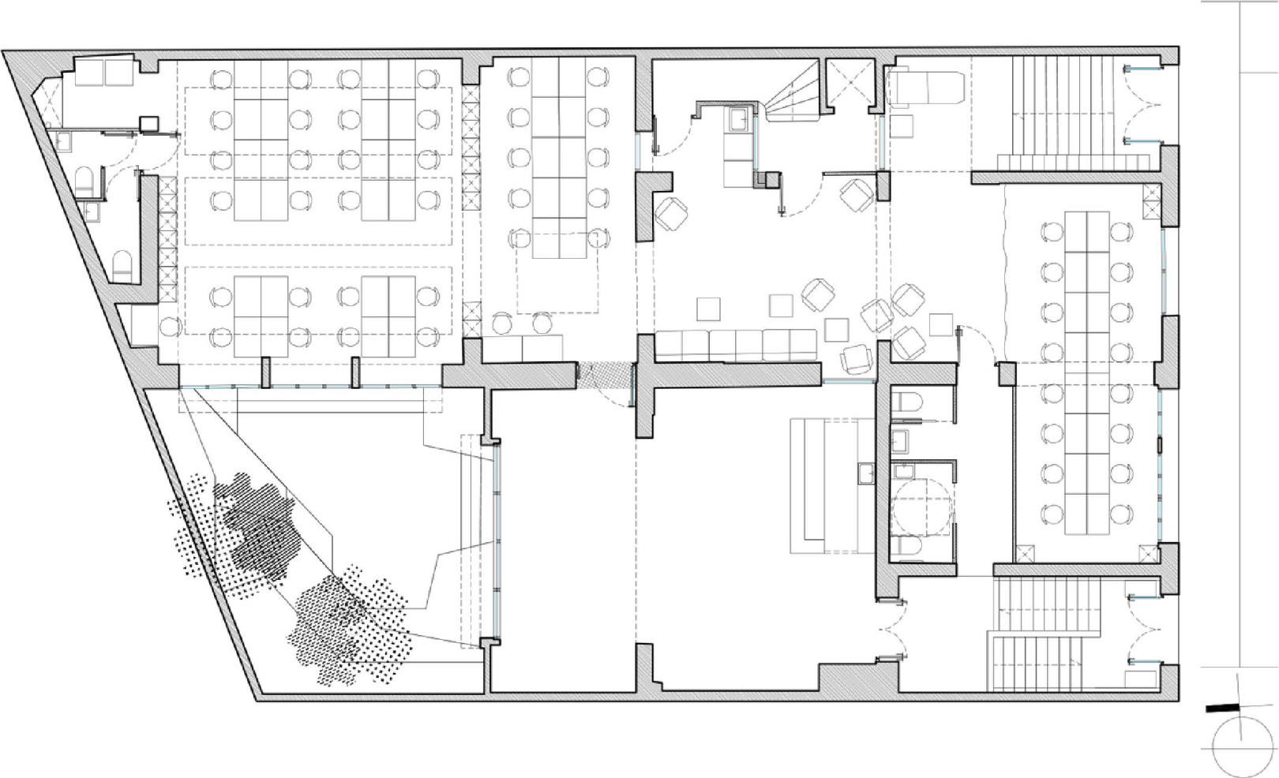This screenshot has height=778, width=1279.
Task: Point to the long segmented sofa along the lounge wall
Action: click(x=737, y=345)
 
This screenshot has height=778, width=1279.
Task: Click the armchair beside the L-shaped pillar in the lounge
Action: click(x=671, y=212)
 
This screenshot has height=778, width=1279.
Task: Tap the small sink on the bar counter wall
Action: click(x=865, y=473)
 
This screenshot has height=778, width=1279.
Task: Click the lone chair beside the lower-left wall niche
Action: click(x=169, y=326)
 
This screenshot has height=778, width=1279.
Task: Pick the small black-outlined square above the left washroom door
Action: click(x=148, y=123)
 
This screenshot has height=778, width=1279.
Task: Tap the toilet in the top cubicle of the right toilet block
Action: click(x=907, y=402)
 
